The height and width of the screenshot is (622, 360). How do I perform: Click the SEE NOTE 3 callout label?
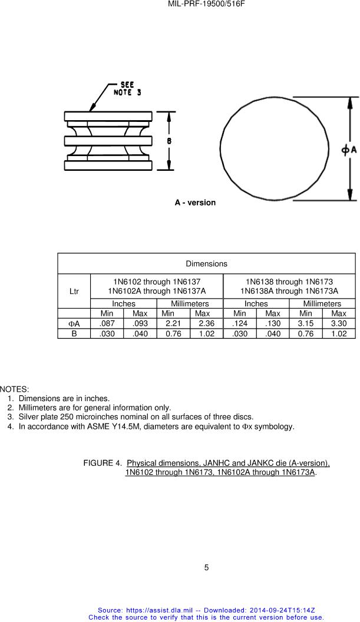127,88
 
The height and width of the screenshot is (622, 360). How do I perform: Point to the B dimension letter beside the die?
169,141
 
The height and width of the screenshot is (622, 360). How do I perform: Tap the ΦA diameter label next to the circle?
349,150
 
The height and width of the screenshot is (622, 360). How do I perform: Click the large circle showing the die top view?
274,150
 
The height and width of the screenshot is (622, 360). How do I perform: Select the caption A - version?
195,203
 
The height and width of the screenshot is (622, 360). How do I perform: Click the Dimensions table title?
206,263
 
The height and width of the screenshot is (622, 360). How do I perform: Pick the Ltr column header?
74,291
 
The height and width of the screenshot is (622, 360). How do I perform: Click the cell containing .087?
107,323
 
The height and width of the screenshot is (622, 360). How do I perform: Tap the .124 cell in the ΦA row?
240,323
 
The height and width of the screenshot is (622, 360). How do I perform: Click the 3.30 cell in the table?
338,323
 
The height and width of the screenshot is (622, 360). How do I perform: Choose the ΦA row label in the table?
74,323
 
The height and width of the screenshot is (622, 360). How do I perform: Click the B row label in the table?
74,333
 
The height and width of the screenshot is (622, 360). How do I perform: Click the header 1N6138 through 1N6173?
289,282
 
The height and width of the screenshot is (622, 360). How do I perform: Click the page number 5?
206,568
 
